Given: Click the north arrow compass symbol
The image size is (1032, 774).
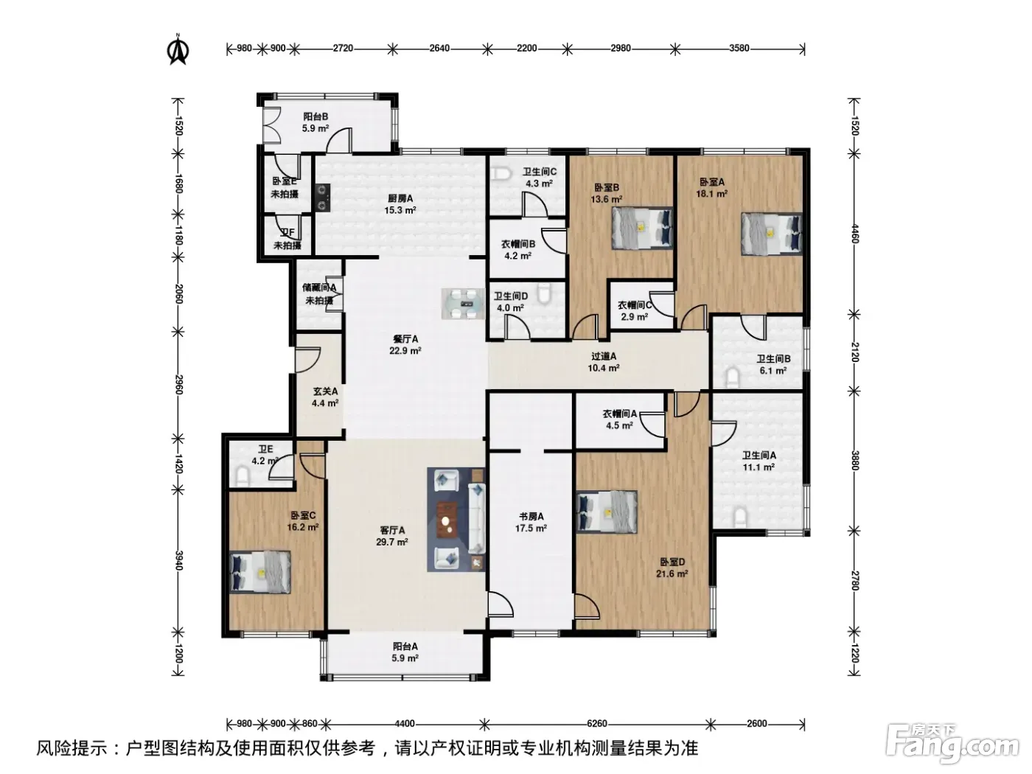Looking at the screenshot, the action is pos(178,49).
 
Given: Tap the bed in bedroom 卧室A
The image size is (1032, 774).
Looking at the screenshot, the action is pos(772,234).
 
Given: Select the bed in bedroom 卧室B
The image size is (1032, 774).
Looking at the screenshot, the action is pos(642,229).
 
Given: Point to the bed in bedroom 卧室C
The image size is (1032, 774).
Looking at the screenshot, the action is pos(259,573).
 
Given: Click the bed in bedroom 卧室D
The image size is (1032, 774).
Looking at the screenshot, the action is pos(607,512).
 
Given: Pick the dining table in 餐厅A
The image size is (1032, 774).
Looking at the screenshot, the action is pos(463,304).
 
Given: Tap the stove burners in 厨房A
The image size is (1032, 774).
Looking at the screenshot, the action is pos(322,197).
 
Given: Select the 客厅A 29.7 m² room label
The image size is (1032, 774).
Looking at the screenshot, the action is pos(392,536).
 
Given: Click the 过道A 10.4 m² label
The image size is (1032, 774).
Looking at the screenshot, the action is pos(603,363).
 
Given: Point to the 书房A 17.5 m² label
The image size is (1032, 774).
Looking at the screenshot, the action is pos(530,522).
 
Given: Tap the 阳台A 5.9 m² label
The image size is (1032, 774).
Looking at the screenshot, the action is pos(405,652).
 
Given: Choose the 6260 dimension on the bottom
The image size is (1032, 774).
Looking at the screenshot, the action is pos(597,724).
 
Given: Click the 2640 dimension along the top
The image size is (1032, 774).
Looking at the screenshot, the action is pos(439,49).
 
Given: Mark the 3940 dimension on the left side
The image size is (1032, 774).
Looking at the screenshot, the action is pos(178,560).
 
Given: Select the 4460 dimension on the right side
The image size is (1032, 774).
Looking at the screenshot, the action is pos(855,234).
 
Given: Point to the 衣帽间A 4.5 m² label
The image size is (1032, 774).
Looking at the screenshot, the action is pos(620,419).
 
